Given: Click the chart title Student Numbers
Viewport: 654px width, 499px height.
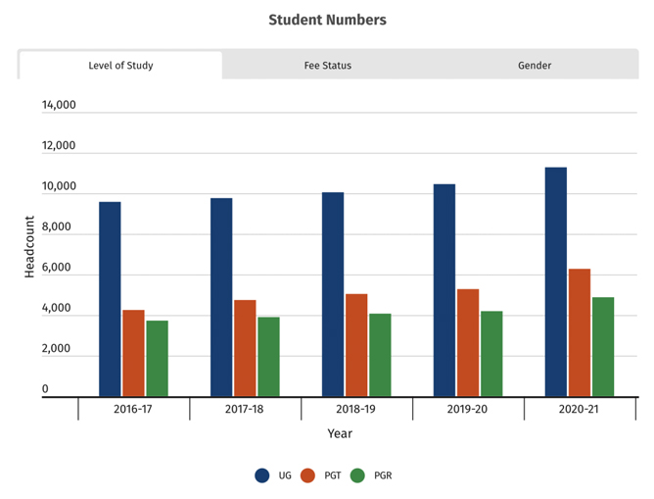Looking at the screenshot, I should tap(327, 20).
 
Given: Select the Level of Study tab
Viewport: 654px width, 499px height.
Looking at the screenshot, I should tap(120, 66).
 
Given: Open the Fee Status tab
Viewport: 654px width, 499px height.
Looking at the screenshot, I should tap(327, 66).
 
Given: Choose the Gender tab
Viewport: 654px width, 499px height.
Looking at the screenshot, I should tap(535, 66).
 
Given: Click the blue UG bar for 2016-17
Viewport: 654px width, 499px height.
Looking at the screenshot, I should tap(110, 299).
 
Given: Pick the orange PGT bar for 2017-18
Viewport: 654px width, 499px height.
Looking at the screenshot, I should tap(245, 348).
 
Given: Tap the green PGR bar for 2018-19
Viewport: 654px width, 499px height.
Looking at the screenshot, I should tap(380, 355).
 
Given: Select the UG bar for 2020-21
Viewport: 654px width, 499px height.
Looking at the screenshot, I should tap(555, 282).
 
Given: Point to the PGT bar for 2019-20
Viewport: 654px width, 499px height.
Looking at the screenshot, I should tap(467, 342).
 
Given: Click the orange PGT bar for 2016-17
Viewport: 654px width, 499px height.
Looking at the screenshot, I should tap(133, 353).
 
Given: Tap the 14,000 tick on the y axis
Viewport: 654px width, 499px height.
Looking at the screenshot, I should tap(59, 106).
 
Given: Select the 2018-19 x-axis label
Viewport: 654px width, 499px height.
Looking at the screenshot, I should tap(356, 409).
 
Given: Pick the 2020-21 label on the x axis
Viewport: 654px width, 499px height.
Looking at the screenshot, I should tap(580, 409).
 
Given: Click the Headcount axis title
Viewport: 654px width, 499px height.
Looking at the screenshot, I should tap(29, 247).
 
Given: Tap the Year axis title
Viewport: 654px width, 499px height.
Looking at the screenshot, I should tap(340, 433).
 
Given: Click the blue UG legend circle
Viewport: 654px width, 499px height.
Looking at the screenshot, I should tap(262, 475).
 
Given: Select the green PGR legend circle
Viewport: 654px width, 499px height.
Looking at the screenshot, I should tap(357, 475).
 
